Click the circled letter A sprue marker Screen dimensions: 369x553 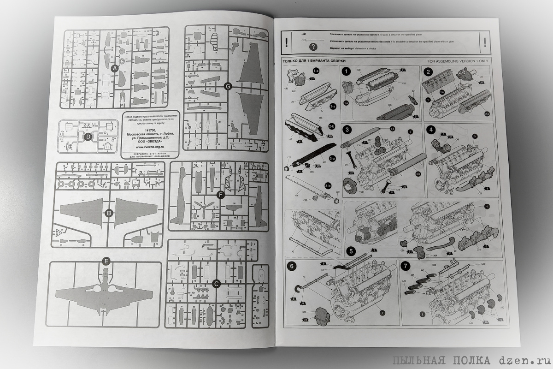[115, 68]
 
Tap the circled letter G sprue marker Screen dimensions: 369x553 [227, 86]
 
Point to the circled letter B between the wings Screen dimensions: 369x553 [109, 213]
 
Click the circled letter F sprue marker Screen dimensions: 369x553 [220, 195]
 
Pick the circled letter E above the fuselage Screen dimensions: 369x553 [106, 262]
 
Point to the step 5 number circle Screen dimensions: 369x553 [351, 251]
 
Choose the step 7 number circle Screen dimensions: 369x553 [405, 266]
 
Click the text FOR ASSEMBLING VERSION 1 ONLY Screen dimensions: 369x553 [458, 60]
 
